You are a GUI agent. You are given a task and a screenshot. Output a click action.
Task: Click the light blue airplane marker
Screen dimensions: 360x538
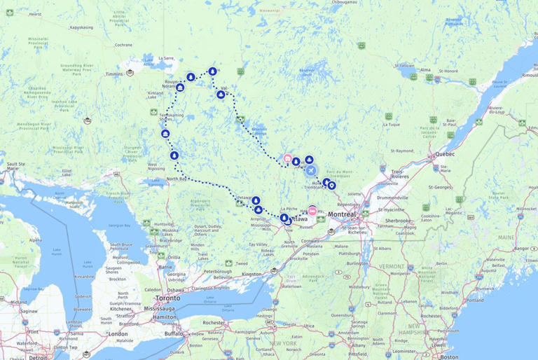(x=310, y=170)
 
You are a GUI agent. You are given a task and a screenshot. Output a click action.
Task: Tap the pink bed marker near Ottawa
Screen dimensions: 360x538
(x=312, y=209)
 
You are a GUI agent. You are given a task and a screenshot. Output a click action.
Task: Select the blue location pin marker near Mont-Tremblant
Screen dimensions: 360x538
(x=331, y=186)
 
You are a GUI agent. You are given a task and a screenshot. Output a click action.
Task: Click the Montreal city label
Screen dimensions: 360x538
(x=343, y=214)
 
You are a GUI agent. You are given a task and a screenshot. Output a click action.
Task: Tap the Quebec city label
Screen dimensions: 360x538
(x=445, y=154)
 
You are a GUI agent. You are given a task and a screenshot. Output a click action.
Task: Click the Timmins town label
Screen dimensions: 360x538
(x=115, y=74)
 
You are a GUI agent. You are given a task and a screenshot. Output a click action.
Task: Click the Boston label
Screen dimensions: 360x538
(x=450, y=356)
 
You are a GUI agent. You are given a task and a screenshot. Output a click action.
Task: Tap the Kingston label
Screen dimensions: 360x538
(x=251, y=274)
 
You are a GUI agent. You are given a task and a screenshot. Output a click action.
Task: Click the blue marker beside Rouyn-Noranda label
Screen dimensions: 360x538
(x=180, y=88)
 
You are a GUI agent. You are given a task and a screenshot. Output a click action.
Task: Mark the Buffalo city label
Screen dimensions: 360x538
(x=173, y=333)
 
